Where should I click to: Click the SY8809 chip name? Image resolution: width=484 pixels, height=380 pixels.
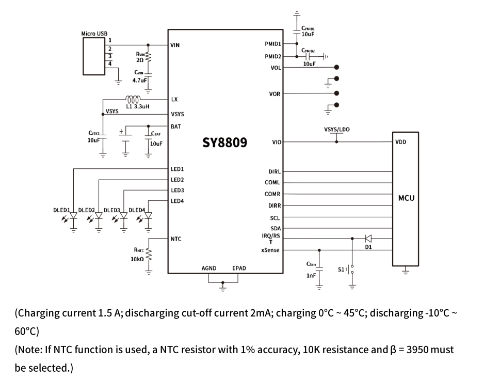(x=224, y=142)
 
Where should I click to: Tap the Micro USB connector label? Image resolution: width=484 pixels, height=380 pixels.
(x=94, y=34)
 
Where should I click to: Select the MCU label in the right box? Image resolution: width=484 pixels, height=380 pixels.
(x=406, y=198)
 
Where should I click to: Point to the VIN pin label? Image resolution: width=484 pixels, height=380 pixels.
(x=175, y=45)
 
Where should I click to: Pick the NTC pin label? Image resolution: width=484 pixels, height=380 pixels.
(x=176, y=239)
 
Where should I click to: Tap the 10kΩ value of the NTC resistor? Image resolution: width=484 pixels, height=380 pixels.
(x=137, y=259)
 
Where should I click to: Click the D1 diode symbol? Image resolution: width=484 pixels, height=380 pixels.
(x=368, y=239)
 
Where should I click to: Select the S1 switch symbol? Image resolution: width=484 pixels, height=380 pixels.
(x=352, y=270)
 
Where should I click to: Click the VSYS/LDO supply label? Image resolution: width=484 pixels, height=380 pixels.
(x=336, y=129)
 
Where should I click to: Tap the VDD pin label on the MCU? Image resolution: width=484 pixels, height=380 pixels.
(x=401, y=142)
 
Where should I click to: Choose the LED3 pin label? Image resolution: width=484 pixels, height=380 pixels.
(x=177, y=190)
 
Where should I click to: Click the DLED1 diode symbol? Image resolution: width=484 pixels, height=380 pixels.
(x=74, y=215)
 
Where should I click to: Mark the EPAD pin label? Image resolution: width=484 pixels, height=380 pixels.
(x=239, y=268)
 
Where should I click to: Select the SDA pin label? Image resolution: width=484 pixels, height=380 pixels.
(x=275, y=228)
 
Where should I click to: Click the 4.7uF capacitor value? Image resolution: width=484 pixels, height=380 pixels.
(x=140, y=81)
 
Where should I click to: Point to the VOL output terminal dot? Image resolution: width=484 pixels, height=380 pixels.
(x=337, y=67)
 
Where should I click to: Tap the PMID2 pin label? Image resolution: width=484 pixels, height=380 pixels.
(x=273, y=56)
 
